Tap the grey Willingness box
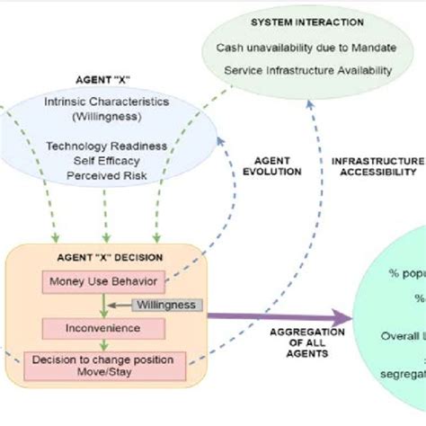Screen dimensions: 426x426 click(x=168, y=305)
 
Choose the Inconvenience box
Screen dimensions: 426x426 click(x=102, y=328)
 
